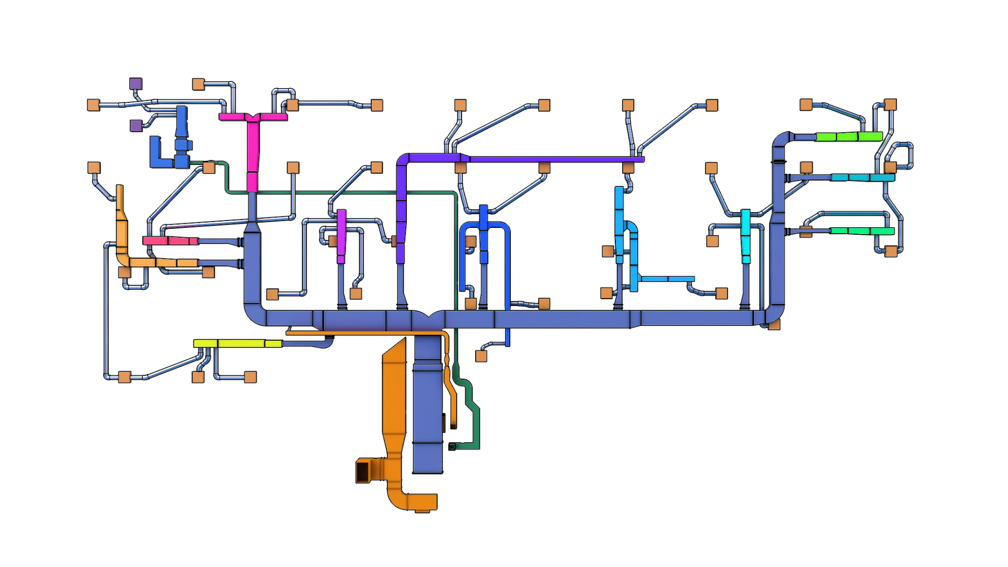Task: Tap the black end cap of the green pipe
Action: tap(452, 447)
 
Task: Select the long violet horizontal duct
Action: tap(551, 159)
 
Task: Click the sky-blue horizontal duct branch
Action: tap(667, 279)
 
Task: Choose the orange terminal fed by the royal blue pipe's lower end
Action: tap(481, 356)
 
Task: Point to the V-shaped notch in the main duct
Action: tap(429, 315)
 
